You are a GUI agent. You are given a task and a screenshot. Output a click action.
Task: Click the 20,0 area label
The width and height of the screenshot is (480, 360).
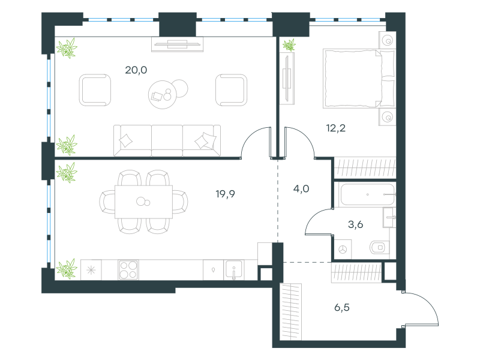(x=136, y=70)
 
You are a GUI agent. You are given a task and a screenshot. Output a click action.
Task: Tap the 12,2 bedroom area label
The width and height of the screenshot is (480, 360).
(x=336, y=128)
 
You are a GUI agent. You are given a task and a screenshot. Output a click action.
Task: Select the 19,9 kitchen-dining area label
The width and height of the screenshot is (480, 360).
(x=226, y=194)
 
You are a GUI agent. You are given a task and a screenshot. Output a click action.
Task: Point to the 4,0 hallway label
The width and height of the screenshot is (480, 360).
(x=301, y=189)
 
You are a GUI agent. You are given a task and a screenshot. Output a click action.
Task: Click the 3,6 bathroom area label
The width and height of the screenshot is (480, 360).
(x=355, y=224)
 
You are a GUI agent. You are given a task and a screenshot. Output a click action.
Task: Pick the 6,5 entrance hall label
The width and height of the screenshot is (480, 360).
(x=342, y=307)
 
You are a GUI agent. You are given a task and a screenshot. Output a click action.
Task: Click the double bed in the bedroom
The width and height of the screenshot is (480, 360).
(x=359, y=79)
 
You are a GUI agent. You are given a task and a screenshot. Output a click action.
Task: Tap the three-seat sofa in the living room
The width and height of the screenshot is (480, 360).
(x=167, y=140)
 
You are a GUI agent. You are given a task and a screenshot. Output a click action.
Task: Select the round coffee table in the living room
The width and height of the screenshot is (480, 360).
(x=162, y=95)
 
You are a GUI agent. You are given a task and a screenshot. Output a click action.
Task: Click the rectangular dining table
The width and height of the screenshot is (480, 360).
(x=143, y=202)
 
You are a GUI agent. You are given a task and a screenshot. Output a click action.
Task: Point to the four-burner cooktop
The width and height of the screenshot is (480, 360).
(x=128, y=269)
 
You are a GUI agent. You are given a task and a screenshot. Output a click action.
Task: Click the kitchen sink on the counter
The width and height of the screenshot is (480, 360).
(x=234, y=269)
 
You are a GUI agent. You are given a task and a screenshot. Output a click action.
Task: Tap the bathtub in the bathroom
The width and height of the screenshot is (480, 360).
(x=368, y=194)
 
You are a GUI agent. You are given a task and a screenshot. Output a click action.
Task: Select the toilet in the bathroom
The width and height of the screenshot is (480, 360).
(x=379, y=247)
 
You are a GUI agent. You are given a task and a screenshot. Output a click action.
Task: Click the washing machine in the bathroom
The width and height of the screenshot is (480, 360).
(x=343, y=249)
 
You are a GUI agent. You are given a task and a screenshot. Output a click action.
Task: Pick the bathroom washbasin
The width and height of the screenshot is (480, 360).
(x=389, y=217)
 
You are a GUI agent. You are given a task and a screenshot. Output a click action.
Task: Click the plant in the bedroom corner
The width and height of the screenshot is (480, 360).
(x=289, y=45)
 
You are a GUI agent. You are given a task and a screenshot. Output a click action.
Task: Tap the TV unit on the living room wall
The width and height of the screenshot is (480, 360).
(x=177, y=44)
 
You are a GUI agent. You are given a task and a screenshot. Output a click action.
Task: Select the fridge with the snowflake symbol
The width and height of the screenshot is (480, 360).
(x=91, y=269)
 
